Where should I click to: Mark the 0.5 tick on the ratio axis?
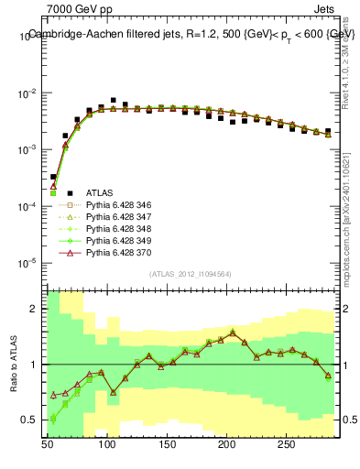click(29, 420)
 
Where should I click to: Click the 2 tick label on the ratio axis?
click(34, 309)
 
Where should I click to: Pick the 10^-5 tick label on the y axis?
click(26, 263)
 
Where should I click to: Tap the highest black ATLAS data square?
click(114, 100)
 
